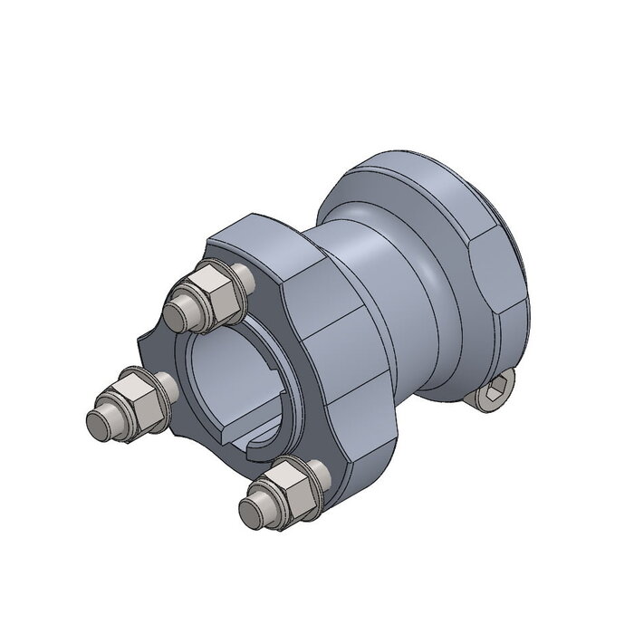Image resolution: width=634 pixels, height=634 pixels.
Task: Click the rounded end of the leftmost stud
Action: coord(97,420)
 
